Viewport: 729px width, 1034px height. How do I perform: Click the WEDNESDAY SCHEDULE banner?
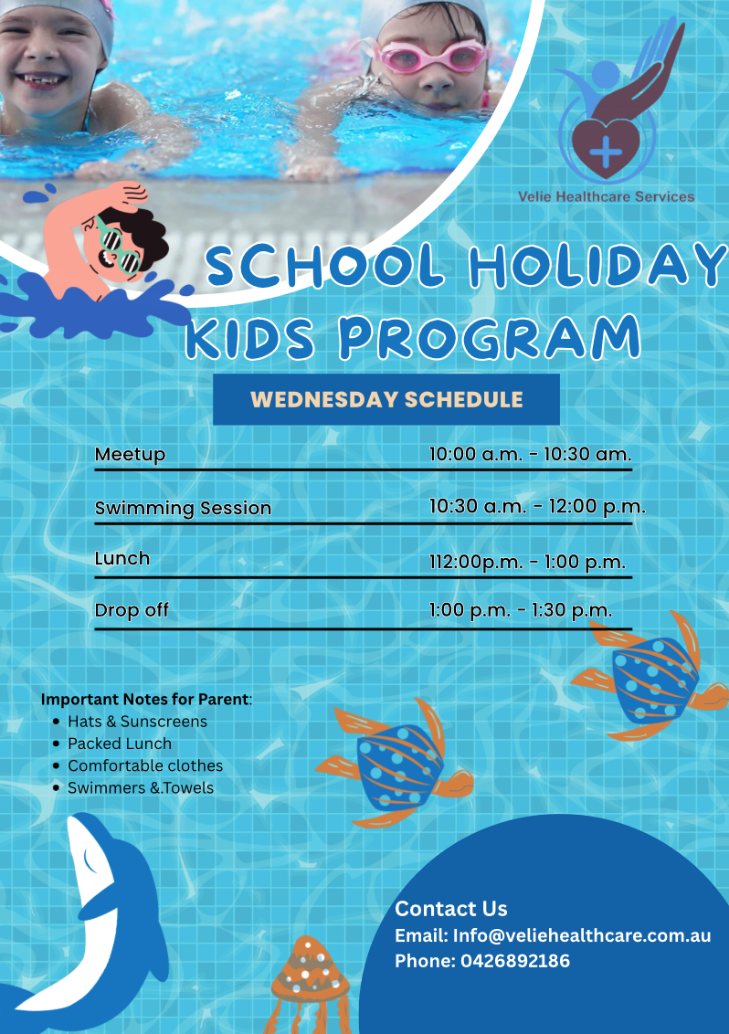pos(386,399)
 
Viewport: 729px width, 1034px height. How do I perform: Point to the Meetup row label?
pos(130,454)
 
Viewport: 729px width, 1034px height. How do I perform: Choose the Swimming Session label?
pos(183,508)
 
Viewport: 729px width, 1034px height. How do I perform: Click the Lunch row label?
pos(122,558)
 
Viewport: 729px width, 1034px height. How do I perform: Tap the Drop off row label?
pos(132,610)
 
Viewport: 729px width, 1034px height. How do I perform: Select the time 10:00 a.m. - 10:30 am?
pos(530,454)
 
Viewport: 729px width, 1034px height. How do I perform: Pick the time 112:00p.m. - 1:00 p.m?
pos(527,562)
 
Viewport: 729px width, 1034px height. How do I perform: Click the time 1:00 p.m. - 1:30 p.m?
pos(521,610)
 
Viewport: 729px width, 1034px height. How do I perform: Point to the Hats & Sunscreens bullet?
pos(137,722)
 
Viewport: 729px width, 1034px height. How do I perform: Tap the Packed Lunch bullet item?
pos(120,744)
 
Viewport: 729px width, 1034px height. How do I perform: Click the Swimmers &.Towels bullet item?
pos(141,787)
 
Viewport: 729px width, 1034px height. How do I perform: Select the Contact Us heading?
pos(451,909)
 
